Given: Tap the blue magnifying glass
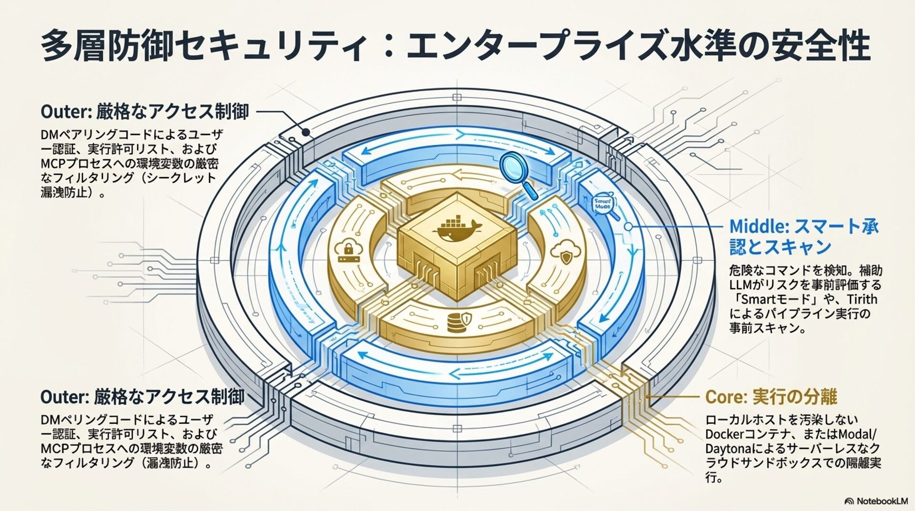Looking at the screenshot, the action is [x=518, y=172].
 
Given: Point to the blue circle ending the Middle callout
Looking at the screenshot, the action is [x=629, y=227].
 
